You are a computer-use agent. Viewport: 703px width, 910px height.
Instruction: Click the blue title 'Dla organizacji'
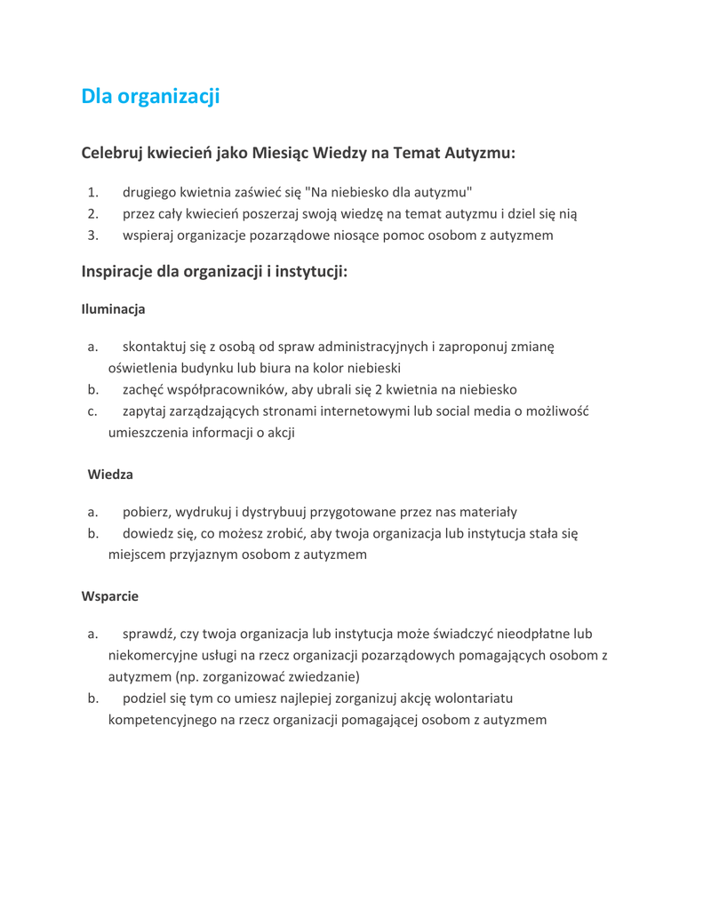point(150,96)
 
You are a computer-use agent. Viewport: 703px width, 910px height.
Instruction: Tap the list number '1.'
point(92,192)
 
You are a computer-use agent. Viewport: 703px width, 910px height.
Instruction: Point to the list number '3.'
point(92,235)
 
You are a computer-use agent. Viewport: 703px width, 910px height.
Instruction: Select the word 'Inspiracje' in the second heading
point(116,271)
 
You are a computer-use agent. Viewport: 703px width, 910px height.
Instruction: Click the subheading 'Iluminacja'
point(113,309)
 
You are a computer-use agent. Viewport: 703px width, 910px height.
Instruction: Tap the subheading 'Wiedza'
point(110,475)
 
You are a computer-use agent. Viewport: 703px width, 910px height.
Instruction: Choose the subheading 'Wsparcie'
point(110,596)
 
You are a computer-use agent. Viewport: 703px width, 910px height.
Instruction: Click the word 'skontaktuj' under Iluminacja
point(156,347)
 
